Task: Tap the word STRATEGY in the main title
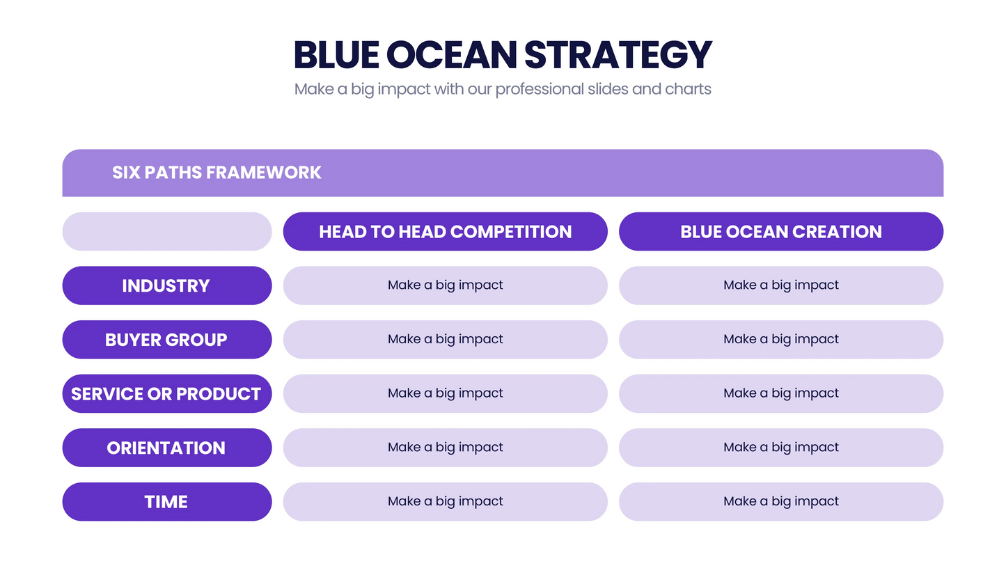coord(618,55)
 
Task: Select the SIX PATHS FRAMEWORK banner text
coord(217,173)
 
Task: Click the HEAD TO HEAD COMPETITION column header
coord(445,232)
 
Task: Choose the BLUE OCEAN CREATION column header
coord(780,232)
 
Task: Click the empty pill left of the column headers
coord(166,232)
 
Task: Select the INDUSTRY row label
coord(166,285)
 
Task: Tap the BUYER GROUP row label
coord(166,340)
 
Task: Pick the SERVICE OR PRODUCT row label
coord(166,394)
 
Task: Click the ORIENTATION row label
coord(166,448)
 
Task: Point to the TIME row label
coord(166,502)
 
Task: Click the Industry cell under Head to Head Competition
coord(445,285)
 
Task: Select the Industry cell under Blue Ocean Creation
coord(780,285)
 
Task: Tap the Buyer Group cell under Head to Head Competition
coord(445,340)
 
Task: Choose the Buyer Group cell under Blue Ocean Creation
coord(780,340)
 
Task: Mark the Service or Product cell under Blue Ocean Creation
coord(780,394)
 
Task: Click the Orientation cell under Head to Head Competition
coord(445,448)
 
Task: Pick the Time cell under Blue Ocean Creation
coord(780,502)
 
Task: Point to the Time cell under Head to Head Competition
coord(445,502)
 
